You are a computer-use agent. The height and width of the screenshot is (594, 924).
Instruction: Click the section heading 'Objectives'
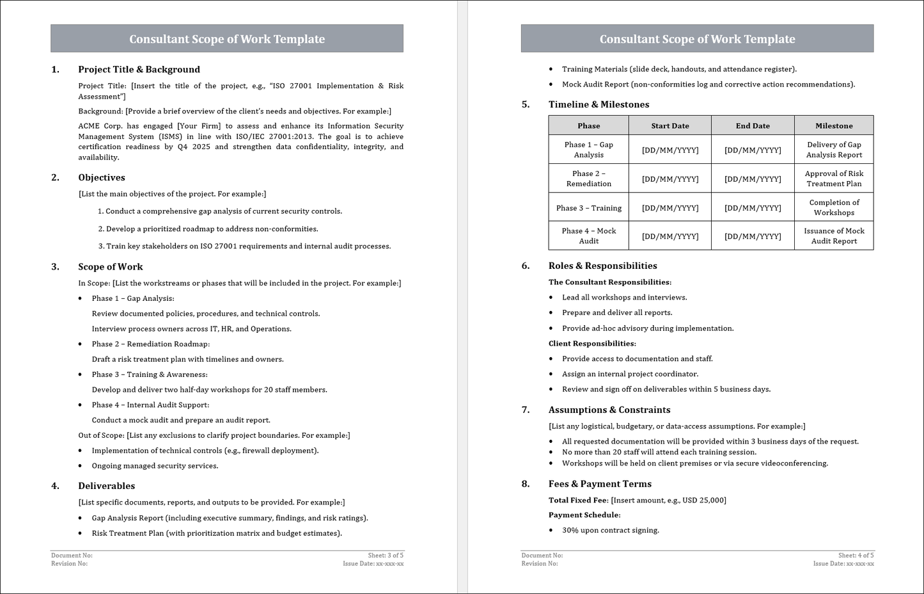click(x=102, y=178)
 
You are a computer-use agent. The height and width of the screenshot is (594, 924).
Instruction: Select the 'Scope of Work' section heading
click(x=111, y=267)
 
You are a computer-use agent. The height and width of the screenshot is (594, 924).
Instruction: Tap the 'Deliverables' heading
click(x=107, y=486)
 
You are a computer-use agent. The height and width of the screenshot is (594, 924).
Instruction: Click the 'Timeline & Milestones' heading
click(x=599, y=104)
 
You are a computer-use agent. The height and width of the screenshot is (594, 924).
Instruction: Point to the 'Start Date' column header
click(x=670, y=126)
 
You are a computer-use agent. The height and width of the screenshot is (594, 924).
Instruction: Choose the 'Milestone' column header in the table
click(x=834, y=126)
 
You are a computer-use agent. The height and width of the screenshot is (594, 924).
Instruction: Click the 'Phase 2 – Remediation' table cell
click(x=589, y=179)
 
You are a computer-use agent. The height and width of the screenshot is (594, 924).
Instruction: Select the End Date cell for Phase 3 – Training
click(x=753, y=208)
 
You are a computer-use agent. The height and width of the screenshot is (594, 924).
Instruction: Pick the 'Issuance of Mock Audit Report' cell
click(x=834, y=236)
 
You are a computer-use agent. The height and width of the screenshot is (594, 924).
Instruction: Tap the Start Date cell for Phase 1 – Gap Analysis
click(x=670, y=150)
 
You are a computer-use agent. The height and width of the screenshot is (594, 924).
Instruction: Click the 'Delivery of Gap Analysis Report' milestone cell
click(x=834, y=150)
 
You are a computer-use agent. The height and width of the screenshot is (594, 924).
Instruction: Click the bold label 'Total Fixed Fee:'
click(x=579, y=501)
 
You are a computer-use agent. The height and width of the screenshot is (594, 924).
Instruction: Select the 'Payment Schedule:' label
click(x=584, y=515)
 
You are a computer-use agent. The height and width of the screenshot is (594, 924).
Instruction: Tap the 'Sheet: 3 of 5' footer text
click(x=386, y=556)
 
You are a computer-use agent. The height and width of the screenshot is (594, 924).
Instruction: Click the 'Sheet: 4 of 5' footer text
click(x=856, y=556)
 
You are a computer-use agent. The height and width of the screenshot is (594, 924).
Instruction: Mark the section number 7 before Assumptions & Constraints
click(x=526, y=410)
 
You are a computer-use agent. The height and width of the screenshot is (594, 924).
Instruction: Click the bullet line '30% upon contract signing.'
click(x=610, y=531)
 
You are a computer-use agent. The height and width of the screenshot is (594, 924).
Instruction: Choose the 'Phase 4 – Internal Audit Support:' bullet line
click(x=150, y=405)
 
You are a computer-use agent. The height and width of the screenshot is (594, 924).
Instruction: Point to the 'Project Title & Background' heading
click(x=139, y=70)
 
